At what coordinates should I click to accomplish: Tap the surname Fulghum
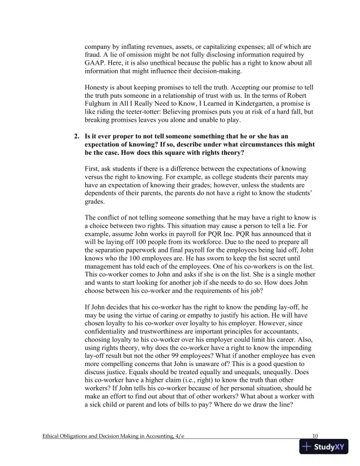(x=102, y=112)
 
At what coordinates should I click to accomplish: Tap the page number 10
(x=315, y=435)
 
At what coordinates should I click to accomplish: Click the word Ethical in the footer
(x=55, y=436)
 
